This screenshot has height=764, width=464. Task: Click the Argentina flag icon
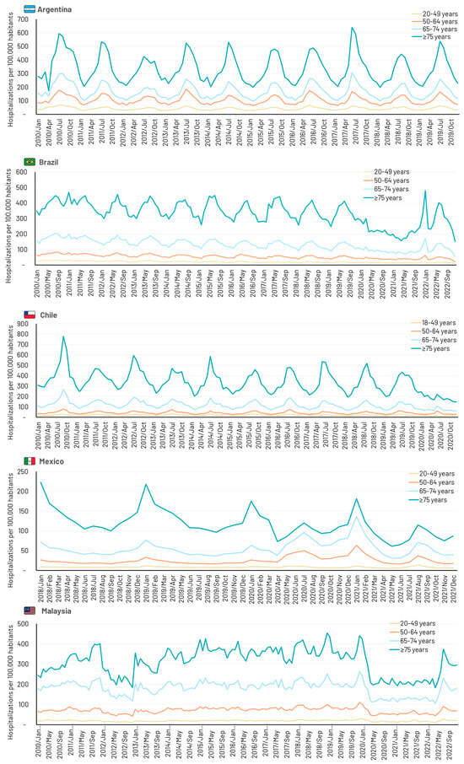[x=30, y=9]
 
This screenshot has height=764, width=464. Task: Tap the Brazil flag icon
[x=30, y=160]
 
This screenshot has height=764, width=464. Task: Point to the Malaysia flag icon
[x=30, y=610]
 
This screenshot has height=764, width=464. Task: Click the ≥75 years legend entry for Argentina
[x=430, y=37]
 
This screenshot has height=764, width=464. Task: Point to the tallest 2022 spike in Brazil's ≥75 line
[x=425, y=191]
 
